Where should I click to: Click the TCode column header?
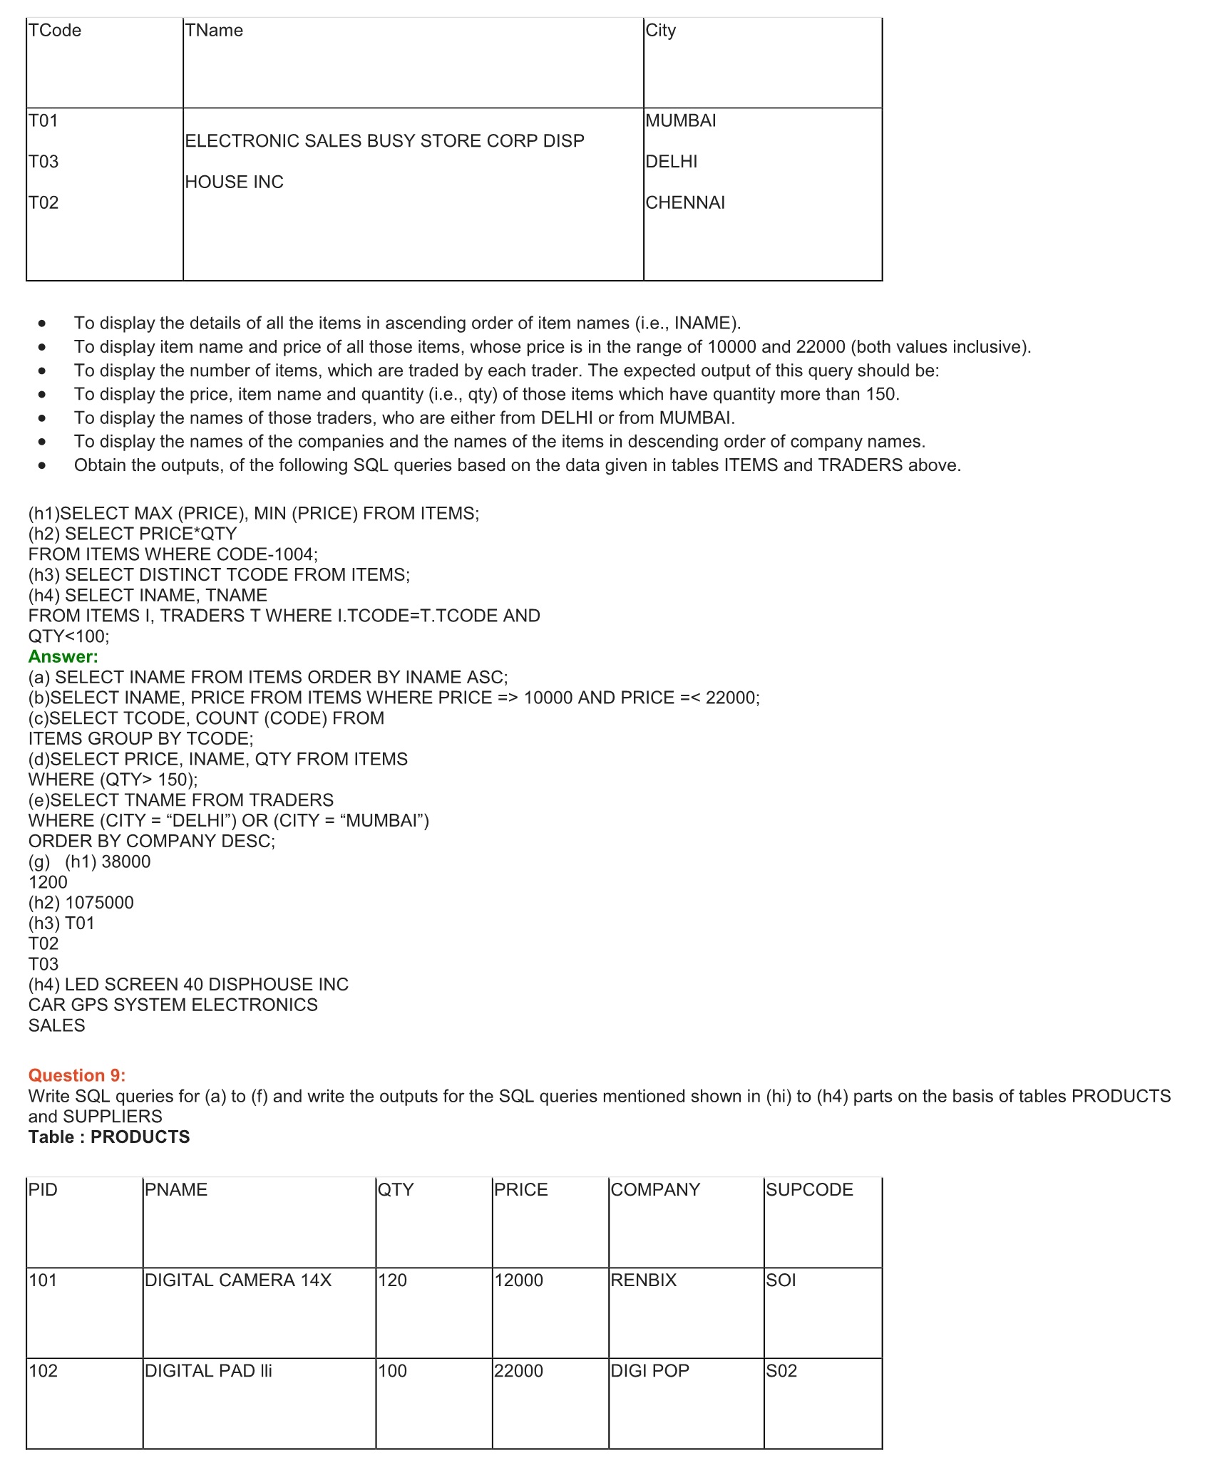pos(55,31)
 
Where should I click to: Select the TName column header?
pos(214,31)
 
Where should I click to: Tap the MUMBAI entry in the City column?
pos(681,120)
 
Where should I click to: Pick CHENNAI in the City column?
pos(685,203)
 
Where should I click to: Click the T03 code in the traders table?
pos(43,162)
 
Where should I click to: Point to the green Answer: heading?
pos(63,657)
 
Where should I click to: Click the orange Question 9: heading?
pos(77,1075)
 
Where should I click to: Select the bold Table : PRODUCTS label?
pos(109,1137)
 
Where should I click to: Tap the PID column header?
pos(43,1189)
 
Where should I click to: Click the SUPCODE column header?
pos(809,1189)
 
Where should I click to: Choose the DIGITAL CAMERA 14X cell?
pos(238,1280)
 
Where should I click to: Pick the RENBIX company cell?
pos(644,1280)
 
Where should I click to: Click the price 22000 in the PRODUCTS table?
pos(519,1370)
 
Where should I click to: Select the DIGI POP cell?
pos(650,1370)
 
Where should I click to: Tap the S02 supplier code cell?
pos(781,1370)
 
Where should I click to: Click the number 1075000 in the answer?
pos(99,903)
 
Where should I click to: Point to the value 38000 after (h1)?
pos(126,861)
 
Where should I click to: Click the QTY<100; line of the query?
pos(69,636)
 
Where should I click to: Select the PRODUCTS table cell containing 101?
pos(43,1280)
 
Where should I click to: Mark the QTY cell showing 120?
pos(393,1280)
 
